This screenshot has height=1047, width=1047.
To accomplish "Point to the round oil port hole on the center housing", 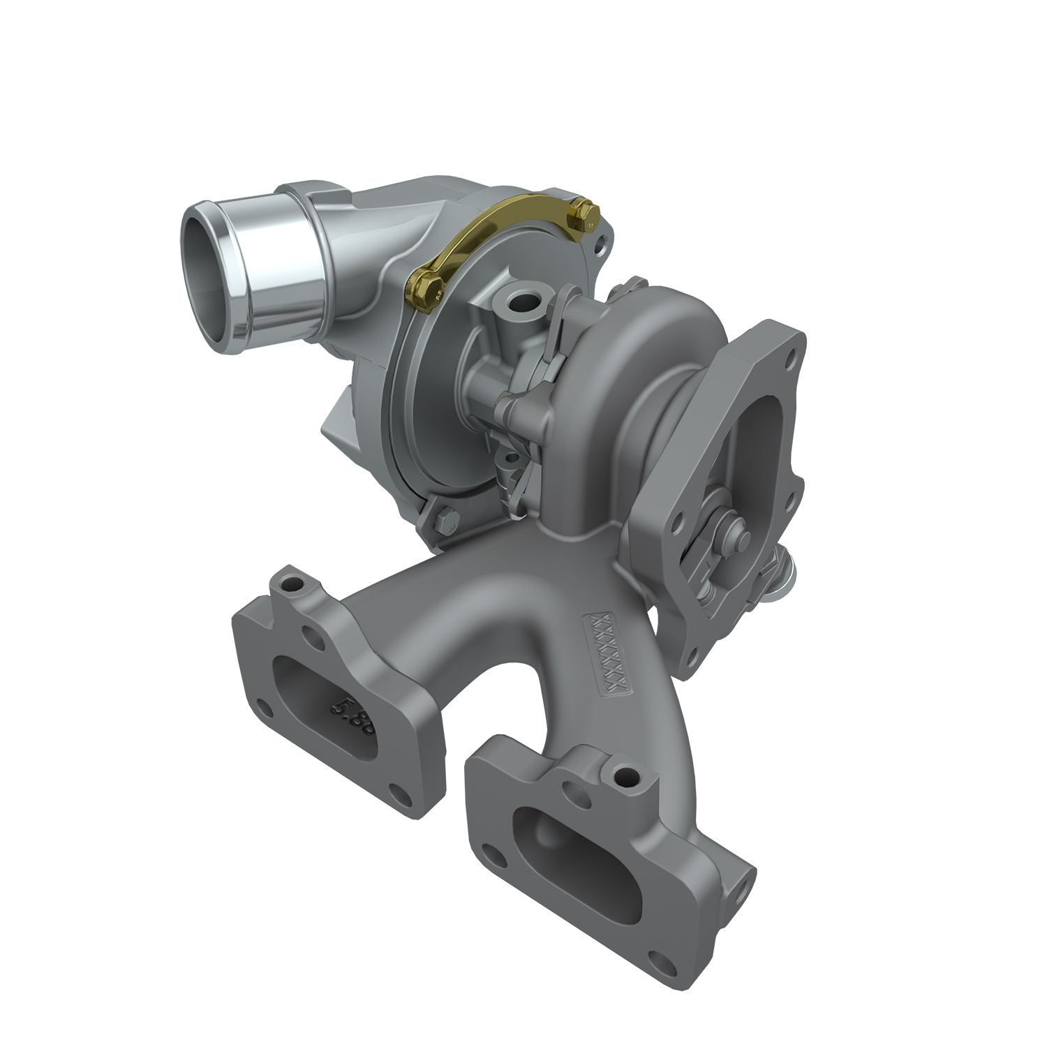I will click(520, 302).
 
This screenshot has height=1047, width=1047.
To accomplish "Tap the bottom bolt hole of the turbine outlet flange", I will click(693, 655).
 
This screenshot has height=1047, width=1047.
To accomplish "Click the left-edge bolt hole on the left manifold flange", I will click(264, 706).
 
